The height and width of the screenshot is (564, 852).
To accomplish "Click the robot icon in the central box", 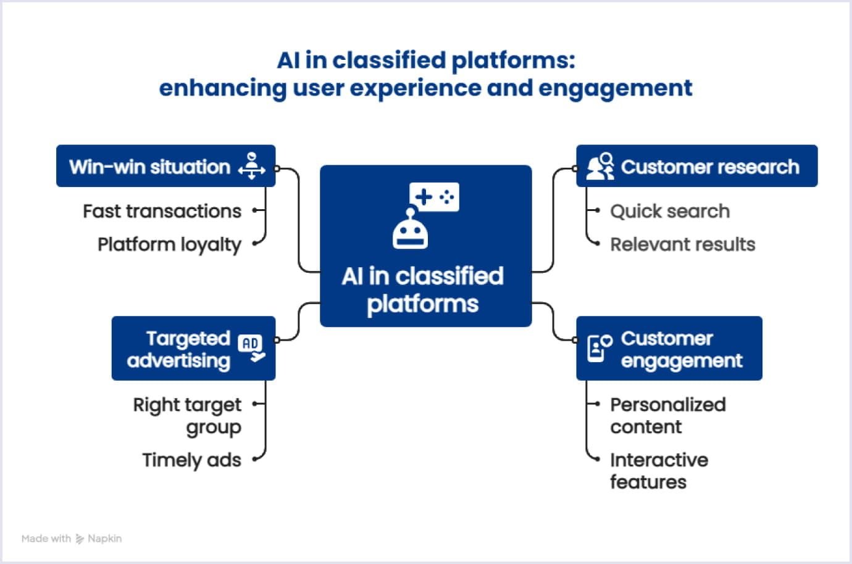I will (410, 229).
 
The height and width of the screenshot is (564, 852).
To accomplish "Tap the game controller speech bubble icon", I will (435, 197).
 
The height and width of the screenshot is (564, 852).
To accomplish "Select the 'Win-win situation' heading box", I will (165, 166).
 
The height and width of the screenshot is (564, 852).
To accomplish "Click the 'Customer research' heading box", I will (696, 166).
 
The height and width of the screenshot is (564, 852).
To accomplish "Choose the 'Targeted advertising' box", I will (193, 349).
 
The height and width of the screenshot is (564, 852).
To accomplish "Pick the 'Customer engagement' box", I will (669, 349).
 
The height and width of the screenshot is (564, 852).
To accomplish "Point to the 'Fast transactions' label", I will (162, 211).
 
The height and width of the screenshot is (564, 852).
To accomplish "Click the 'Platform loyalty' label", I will (169, 244).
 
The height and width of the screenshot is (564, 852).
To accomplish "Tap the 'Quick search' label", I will (670, 211).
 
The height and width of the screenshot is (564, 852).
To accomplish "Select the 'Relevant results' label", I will (682, 244).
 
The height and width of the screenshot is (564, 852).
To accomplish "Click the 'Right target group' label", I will (187, 415).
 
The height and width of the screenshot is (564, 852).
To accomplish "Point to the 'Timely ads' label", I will (191, 460).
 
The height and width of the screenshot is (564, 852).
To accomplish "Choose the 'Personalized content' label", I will (667, 415).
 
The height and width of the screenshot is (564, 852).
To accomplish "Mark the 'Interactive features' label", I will (659, 471).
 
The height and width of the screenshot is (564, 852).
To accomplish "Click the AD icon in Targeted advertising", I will (251, 348).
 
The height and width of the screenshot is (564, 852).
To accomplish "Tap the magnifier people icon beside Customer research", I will (599, 166).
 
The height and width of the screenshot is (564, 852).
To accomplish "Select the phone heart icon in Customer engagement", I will (598, 348).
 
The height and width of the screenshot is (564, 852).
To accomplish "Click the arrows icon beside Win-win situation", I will (251, 166).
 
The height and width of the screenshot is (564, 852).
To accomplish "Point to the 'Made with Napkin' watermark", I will (72, 539).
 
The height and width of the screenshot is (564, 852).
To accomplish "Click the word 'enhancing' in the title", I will (222, 88).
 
